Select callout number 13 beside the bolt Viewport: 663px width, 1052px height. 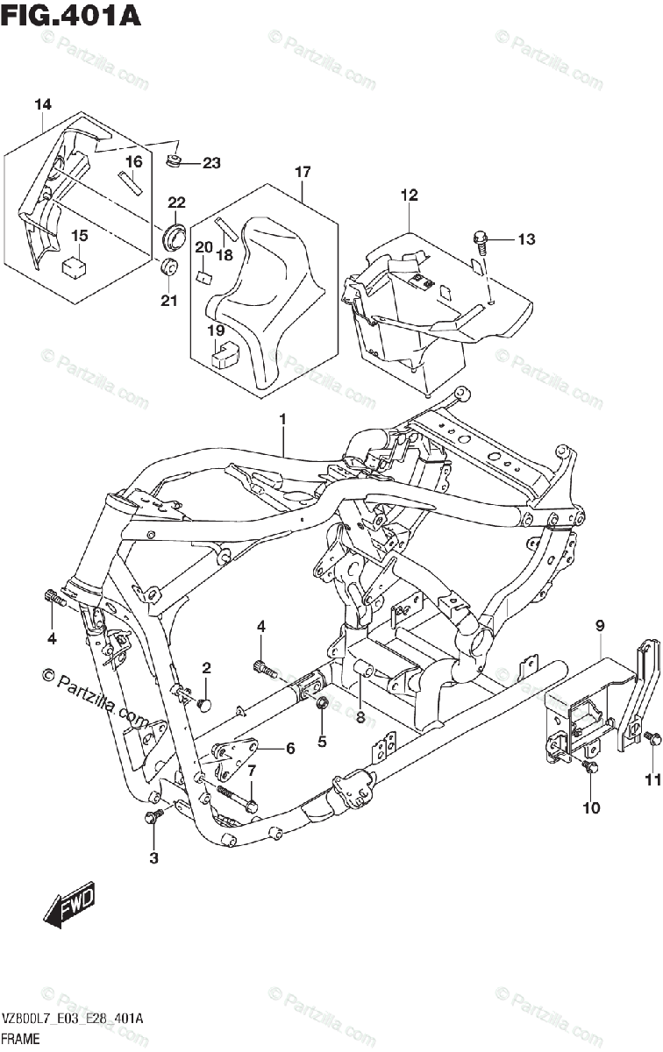[524, 239]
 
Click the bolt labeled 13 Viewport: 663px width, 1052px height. [481, 237]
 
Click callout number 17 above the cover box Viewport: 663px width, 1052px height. [302, 173]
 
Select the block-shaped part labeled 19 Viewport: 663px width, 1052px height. [227, 352]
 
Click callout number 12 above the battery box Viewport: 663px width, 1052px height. [410, 195]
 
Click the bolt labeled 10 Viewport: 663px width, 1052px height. [589, 768]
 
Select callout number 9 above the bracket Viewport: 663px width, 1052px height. [600, 626]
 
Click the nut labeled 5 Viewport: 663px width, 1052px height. [322, 703]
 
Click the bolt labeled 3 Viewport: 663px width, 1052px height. [155, 816]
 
